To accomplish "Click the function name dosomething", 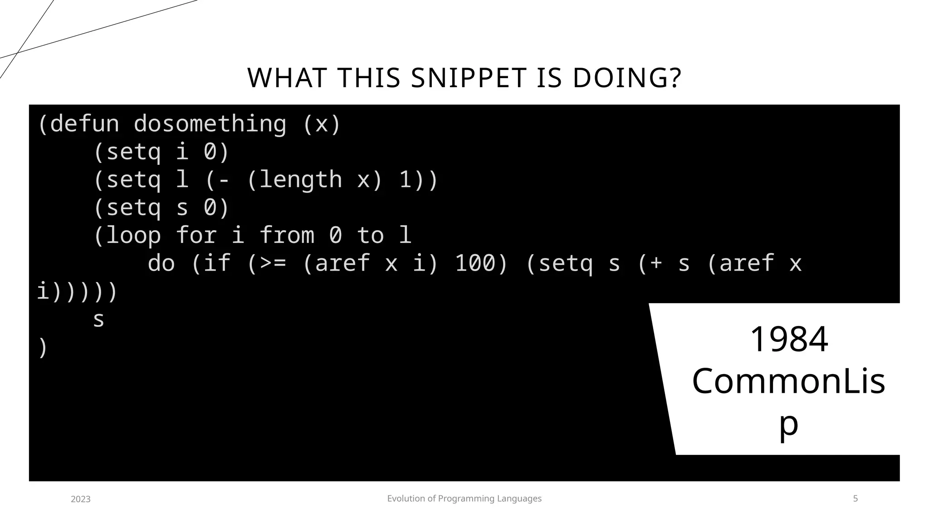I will (210, 123).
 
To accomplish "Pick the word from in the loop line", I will (287, 235).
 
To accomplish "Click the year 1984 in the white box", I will (789, 339).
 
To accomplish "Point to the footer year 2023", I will (81, 499).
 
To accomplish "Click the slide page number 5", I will (856, 498).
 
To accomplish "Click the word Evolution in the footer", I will (405, 498).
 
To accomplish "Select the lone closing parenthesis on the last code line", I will (42, 347).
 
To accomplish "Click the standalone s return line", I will (98, 320).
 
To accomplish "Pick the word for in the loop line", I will (196, 235).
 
